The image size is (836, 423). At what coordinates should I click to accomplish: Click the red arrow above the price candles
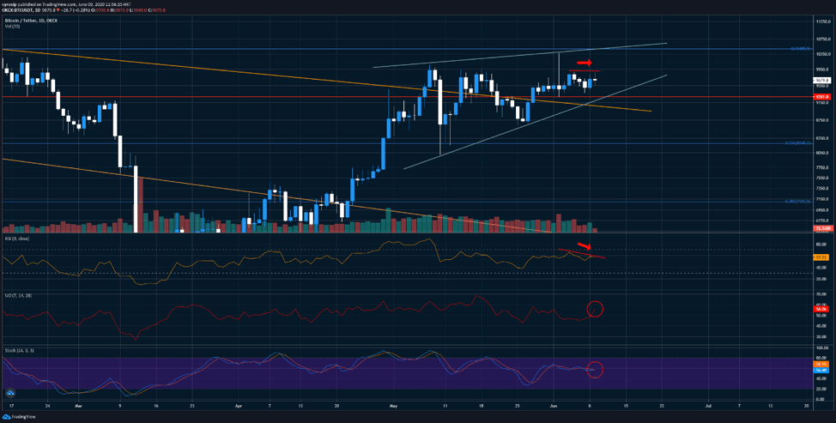point(584,63)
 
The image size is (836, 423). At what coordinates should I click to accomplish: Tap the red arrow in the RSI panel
point(584,247)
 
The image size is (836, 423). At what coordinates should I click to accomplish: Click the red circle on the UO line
point(595,309)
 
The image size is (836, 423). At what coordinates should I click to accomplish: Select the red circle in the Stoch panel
point(595,370)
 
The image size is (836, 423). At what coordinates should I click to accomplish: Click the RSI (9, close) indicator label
point(18,239)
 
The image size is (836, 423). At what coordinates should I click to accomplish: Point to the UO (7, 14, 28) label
point(17,293)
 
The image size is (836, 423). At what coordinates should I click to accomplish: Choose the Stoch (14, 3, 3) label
point(19,350)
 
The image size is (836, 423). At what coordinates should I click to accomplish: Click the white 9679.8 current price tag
point(822,81)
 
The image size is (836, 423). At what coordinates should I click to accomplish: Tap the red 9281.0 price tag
point(822,97)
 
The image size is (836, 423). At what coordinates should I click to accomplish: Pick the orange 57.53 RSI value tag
point(822,257)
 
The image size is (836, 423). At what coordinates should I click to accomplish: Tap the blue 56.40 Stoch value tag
point(822,370)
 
